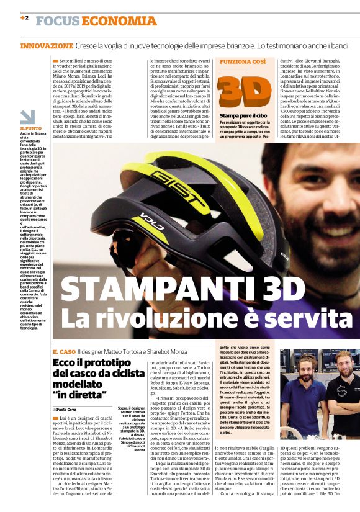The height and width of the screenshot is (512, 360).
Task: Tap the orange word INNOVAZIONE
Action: tap(47, 46)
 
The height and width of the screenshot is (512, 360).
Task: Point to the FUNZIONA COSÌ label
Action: tap(243, 63)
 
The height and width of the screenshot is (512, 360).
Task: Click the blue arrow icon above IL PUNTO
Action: tap(27, 117)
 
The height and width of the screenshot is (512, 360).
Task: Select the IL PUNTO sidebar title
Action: tap(30, 128)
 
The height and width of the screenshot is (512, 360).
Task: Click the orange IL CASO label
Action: tap(64, 352)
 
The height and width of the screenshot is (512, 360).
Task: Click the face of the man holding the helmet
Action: tap(307, 180)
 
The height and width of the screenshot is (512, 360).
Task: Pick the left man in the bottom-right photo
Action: tap(302, 385)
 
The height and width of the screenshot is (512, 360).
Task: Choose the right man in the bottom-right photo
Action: tap(340, 388)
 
